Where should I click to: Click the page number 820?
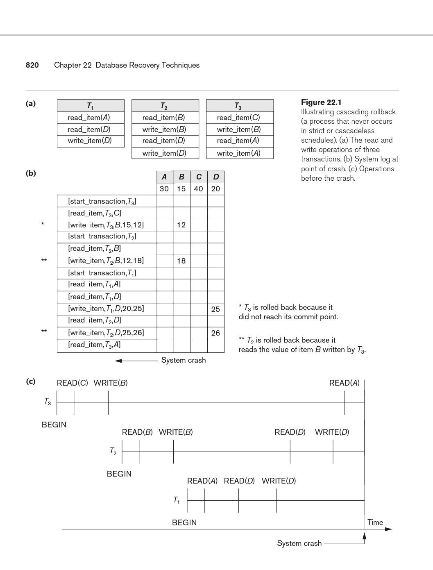tap(32, 65)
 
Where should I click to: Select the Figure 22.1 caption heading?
tap(321, 102)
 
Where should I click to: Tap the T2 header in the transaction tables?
tap(164, 106)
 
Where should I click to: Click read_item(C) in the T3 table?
tap(238, 118)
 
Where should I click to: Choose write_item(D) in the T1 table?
tap(90, 141)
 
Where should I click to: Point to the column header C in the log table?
tap(199, 177)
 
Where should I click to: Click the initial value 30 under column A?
tap(164, 189)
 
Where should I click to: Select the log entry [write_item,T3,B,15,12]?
tap(106, 225)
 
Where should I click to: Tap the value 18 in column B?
tap(181, 261)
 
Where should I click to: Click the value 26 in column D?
tap(215, 333)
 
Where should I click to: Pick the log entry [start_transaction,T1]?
tap(102, 273)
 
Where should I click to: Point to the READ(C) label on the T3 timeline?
tap(72, 383)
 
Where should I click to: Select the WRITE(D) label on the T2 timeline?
tap(332, 432)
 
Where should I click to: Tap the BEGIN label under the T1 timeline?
tap(184, 522)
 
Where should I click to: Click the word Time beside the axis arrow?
tap(375, 522)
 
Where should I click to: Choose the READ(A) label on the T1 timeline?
tap(202, 481)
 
